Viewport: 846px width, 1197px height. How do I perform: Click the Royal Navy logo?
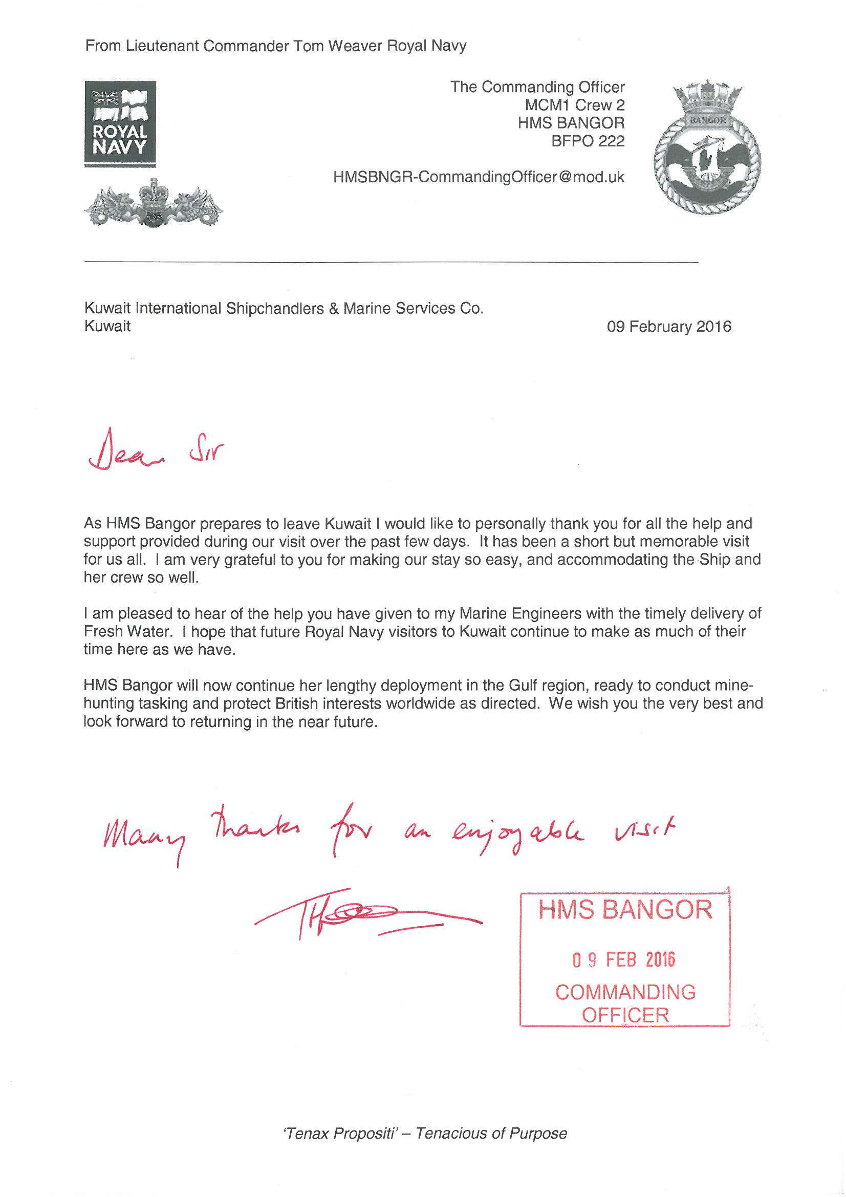[x=120, y=123]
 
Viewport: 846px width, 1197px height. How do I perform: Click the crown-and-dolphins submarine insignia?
[x=153, y=204]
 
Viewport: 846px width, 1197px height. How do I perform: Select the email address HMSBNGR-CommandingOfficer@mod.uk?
[x=479, y=177]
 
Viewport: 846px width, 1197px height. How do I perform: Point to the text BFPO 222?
[x=588, y=141]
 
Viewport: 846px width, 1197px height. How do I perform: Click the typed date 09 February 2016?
[x=669, y=327]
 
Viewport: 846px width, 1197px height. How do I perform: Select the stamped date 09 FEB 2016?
[x=623, y=960]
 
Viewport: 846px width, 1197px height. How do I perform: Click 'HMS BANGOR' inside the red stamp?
[x=624, y=910]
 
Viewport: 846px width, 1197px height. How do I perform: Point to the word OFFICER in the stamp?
[x=625, y=1015]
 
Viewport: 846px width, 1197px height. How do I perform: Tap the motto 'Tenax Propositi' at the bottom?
[x=339, y=1134]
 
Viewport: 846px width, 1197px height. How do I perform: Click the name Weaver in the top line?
[x=355, y=46]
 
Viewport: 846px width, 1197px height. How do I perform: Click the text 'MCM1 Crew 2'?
[x=574, y=105]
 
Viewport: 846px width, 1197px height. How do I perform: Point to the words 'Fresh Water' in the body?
[x=126, y=631]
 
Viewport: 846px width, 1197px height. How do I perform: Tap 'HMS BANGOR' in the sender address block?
[x=571, y=123]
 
